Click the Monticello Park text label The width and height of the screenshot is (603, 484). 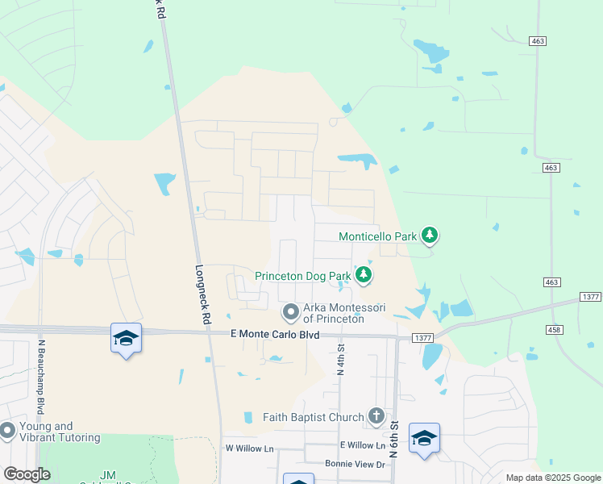tap(377, 236)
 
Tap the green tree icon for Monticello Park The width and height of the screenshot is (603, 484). tap(430, 236)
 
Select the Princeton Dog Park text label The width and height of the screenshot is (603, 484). tap(303, 276)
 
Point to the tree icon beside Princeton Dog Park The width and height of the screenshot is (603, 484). tap(364, 276)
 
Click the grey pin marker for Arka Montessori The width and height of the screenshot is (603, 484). tap(290, 311)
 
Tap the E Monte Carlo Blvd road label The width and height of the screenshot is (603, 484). tap(275, 335)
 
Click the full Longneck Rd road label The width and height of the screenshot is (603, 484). tap(202, 285)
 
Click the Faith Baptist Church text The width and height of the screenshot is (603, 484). tap(312, 417)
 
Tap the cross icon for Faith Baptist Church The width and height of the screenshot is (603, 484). tap(376, 416)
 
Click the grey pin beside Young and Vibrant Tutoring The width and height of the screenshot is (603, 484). tap(7, 432)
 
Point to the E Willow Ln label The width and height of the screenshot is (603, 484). tap(363, 445)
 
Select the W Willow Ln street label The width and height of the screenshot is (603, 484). tap(249, 448)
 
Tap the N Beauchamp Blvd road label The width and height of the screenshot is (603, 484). tap(40, 376)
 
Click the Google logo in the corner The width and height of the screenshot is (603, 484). tap(27, 474)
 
